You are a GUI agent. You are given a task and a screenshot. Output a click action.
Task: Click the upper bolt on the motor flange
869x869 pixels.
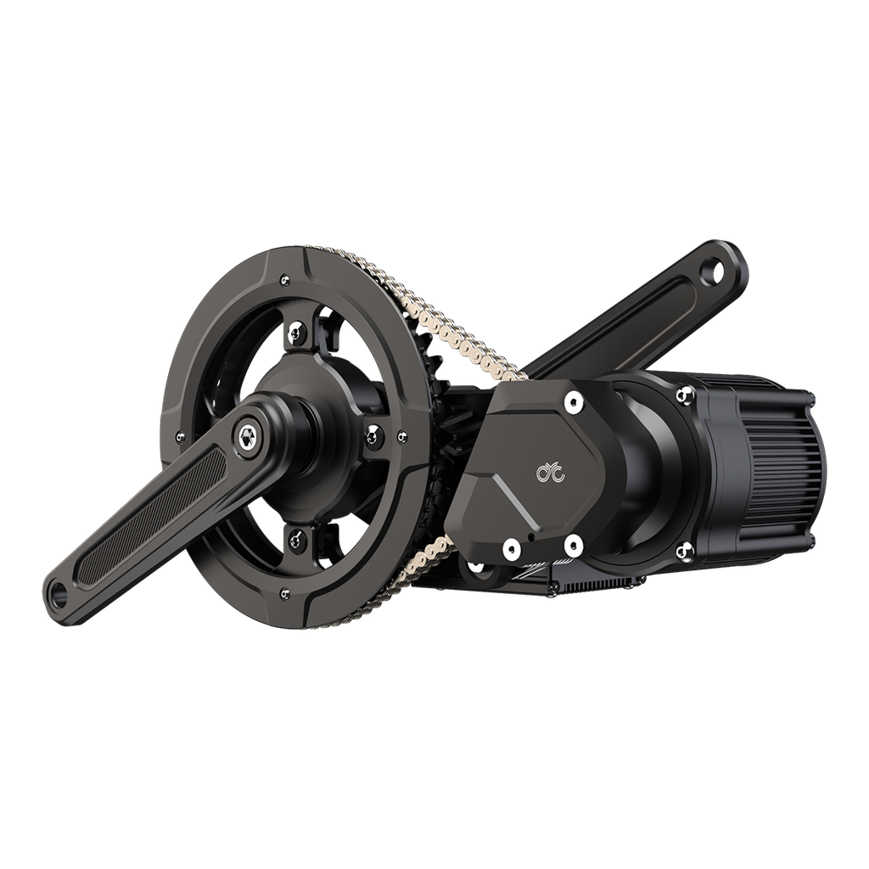coord(683,394)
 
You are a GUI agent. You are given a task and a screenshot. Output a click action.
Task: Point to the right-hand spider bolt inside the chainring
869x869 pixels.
coord(373,434)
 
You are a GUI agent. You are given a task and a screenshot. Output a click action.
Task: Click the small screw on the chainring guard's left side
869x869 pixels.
coord(179,436)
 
